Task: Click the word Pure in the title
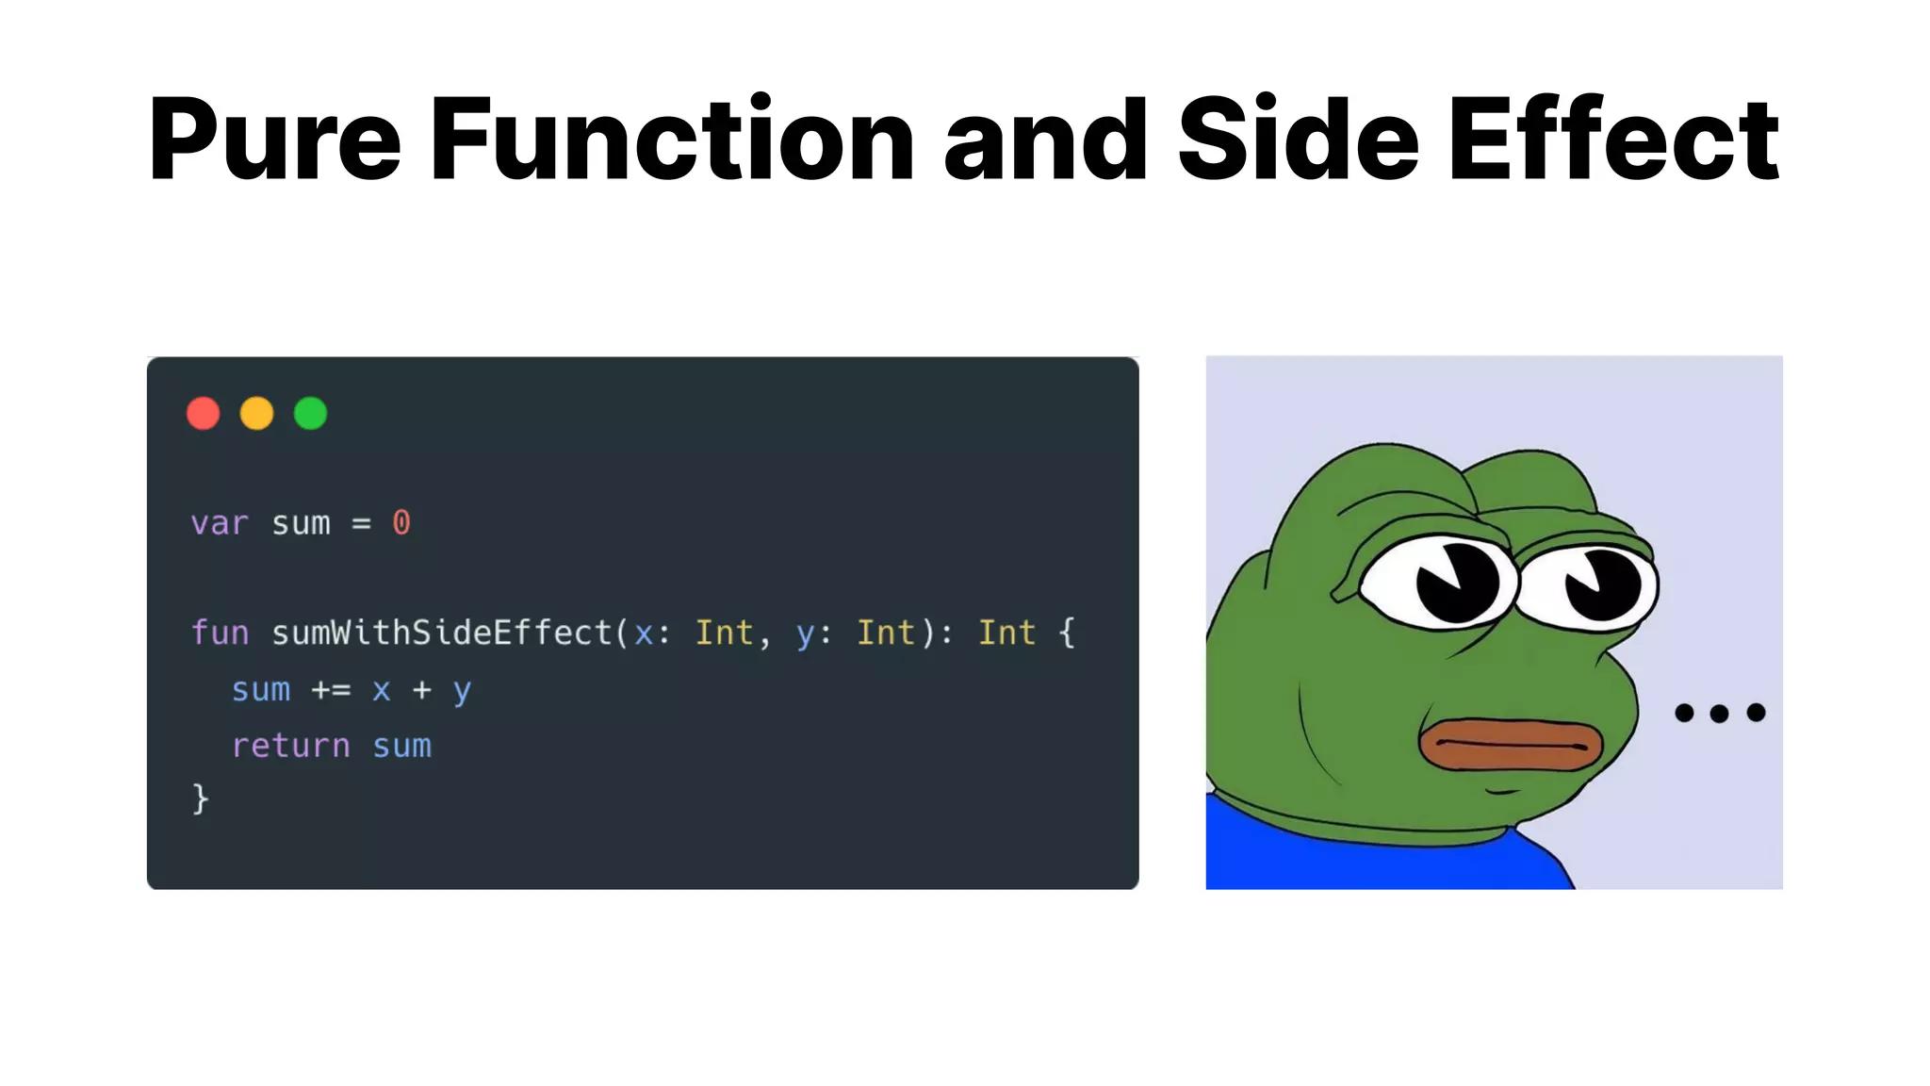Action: tap(274, 140)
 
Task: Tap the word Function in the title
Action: tap(672, 140)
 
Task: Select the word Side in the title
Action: tap(1298, 140)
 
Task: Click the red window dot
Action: tap(204, 413)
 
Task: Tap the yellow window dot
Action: tap(256, 413)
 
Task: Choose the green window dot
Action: tap(310, 413)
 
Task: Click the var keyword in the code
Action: tap(220, 523)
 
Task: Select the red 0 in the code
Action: tap(401, 522)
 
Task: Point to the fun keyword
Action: tap(220, 633)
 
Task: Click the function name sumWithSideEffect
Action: tap(442, 633)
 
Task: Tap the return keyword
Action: tap(291, 746)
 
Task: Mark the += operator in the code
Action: tap(331, 690)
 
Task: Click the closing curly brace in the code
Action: tap(200, 798)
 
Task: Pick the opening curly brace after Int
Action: tap(1067, 633)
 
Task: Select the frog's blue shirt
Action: tap(1366, 853)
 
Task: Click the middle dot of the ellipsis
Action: tap(1719, 713)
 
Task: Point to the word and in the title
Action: tap(1045, 140)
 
